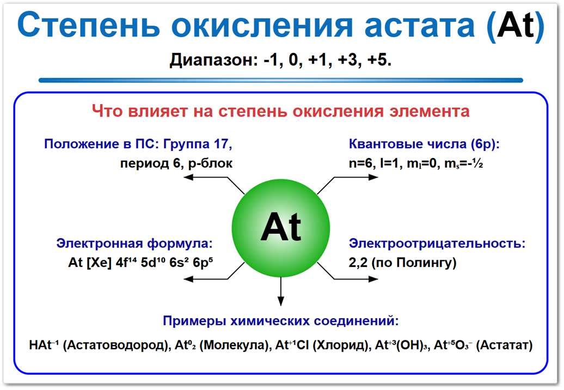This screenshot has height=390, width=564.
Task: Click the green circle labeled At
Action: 281,227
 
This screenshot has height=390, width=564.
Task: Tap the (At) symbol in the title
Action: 515,27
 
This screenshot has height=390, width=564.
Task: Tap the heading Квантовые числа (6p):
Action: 424,144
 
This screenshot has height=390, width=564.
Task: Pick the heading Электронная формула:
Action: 134,243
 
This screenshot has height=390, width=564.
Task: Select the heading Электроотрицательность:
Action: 437,243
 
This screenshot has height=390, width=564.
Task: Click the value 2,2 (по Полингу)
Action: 402,263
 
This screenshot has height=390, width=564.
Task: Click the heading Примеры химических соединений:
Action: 281,320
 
